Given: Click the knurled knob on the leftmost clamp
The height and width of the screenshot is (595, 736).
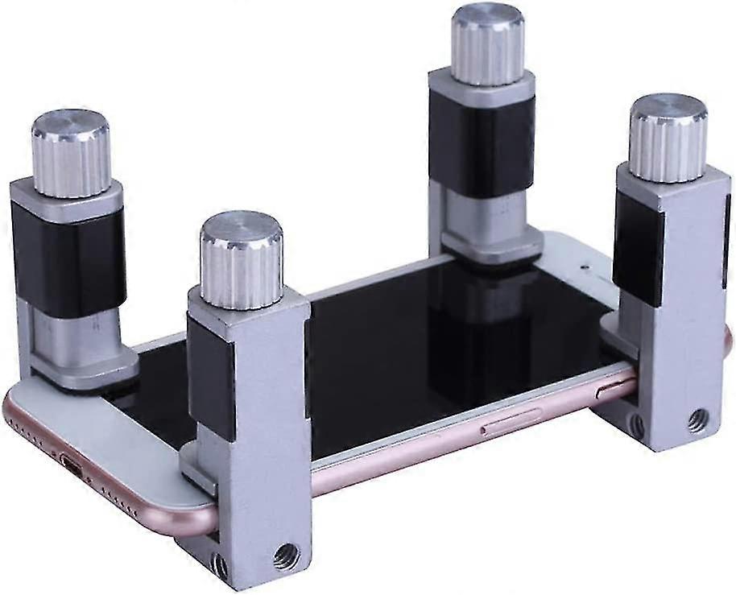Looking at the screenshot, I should point(70,154).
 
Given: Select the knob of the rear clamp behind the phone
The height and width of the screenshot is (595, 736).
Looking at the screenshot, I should point(487,44).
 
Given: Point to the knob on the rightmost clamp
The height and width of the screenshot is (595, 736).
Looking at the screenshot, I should point(668,137).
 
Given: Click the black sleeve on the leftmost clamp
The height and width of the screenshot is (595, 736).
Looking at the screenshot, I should point(68,258).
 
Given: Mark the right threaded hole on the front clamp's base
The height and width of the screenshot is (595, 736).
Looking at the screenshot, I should point(284,555).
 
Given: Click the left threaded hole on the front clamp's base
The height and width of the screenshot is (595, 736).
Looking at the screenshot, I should point(219,565).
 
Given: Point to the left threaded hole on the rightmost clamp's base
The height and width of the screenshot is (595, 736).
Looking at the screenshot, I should point(636,425).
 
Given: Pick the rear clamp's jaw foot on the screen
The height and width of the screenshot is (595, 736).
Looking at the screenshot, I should point(491,246).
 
